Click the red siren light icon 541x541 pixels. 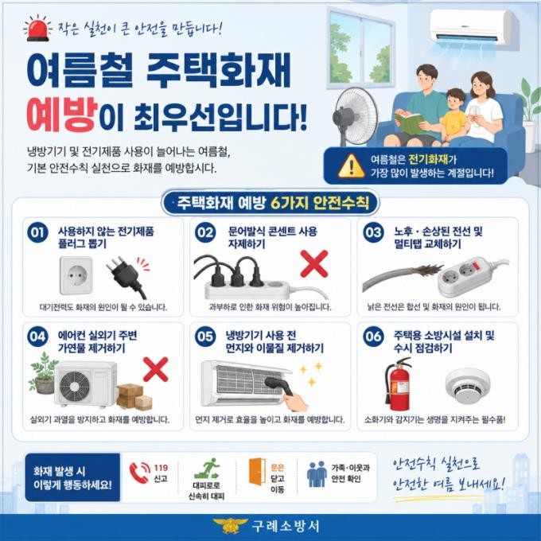pos(37,29)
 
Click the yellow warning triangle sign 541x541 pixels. pos(351,166)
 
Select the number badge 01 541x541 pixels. pos(37,232)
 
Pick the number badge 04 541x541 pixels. pos(37,337)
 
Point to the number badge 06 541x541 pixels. pos(373,337)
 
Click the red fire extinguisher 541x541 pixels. pos(399,383)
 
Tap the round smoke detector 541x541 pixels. pos(468,386)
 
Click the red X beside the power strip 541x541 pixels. pos(314,264)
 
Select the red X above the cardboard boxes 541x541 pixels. pos(156,369)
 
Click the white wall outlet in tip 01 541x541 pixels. pos(76,275)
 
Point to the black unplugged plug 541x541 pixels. pos(127,277)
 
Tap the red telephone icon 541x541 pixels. pos(139,473)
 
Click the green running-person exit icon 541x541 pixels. pos(207,468)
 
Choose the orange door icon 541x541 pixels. pos(257,472)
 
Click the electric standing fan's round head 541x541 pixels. pos(356,116)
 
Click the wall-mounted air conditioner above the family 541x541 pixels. pos(474,27)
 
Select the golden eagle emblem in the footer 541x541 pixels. pos(229,525)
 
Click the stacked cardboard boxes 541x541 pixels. pos(134,396)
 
